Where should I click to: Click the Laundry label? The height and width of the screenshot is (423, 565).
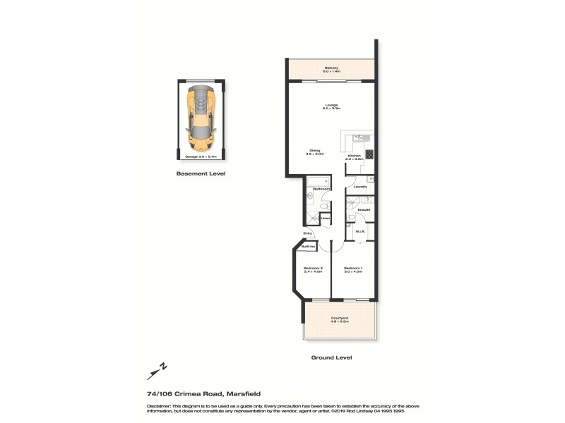[359, 187]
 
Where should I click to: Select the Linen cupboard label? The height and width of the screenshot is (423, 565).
[326, 219]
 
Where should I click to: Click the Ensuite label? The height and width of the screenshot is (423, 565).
[364, 210]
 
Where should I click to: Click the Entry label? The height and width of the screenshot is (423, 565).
[308, 233]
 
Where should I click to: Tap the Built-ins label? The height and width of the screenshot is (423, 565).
[308, 247]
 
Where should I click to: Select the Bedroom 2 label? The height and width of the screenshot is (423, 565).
[314, 269]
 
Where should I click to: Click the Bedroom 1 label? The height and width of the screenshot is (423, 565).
[353, 269]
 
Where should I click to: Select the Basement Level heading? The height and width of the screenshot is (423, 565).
[201, 173]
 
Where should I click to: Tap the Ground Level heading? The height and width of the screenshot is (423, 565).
[331, 357]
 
